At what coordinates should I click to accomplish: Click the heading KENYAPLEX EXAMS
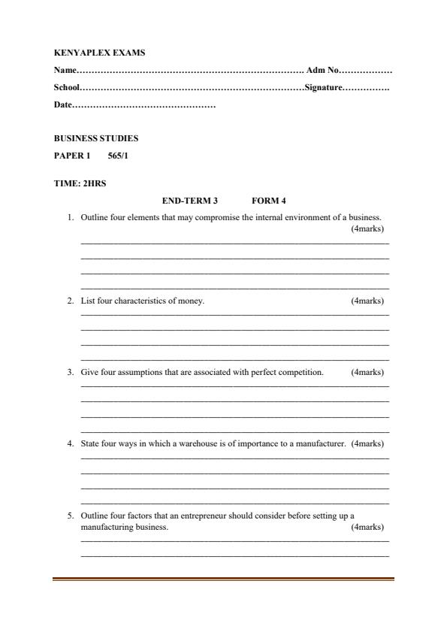click(x=100, y=53)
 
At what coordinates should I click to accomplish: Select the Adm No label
click(x=324, y=71)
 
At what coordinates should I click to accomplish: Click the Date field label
click(x=63, y=105)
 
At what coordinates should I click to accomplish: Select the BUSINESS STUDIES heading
click(x=96, y=139)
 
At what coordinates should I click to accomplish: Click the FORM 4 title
click(x=269, y=201)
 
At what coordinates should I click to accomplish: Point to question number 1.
click(x=69, y=218)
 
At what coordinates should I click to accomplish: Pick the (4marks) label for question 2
click(x=367, y=301)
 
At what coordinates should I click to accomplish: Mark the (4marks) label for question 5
click(x=367, y=528)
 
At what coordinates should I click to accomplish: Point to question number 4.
click(x=69, y=444)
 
